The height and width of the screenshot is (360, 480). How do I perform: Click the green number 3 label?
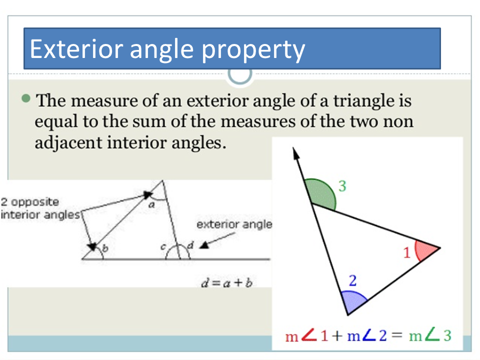342,186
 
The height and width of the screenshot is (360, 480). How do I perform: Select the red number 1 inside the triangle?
407,253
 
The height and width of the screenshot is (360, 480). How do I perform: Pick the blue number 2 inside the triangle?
353,280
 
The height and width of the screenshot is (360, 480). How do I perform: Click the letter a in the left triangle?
152,204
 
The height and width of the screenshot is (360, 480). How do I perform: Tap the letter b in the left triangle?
105,248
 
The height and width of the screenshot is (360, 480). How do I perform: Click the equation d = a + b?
226,282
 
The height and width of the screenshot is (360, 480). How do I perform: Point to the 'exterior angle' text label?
234,224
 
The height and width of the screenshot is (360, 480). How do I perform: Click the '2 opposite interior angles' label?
40,208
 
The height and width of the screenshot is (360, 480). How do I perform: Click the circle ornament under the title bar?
240,74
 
